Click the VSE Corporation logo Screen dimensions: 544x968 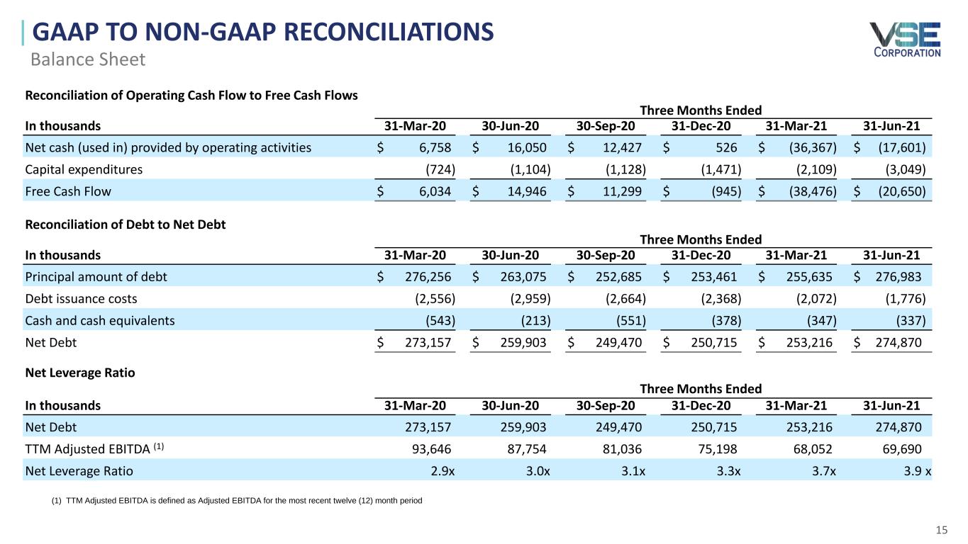pyautogui.click(x=905, y=39)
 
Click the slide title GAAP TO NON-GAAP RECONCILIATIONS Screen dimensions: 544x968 pyautogui.click(x=262, y=33)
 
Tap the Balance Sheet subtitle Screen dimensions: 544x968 pyautogui.click(x=88, y=59)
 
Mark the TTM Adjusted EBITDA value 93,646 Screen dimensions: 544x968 pyautogui.click(x=429, y=449)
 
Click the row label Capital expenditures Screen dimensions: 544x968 pyautogui.click(x=84, y=169)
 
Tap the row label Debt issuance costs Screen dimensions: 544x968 pyautogui.click(x=81, y=298)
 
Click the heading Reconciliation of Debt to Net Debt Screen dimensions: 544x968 pyautogui.click(x=126, y=225)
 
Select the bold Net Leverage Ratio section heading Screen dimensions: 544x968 pyautogui.click(x=79, y=372)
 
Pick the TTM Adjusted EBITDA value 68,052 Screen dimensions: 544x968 pyautogui.click(x=811, y=449)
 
